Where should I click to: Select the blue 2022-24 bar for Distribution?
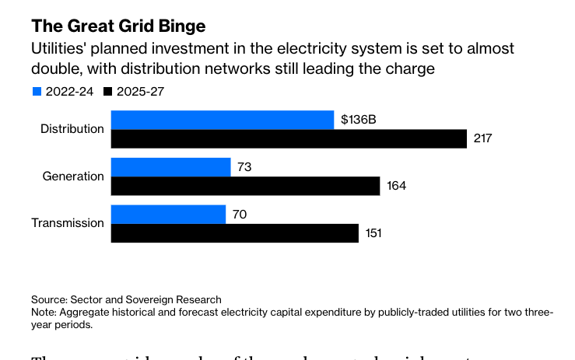tap(223, 120)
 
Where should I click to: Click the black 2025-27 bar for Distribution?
tap(289, 138)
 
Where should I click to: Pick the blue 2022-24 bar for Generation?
tap(171, 167)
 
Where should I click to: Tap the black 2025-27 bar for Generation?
tap(245, 186)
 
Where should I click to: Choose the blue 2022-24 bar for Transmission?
tap(168, 214)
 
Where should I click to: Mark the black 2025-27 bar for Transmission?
tap(234, 233)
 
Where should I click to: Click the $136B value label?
tap(359, 121)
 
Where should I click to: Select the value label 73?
tap(244, 167)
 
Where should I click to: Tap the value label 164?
tap(396, 187)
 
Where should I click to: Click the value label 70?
tap(239, 215)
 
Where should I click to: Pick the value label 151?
tap(373, 233)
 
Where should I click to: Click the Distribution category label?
tap(72, 129)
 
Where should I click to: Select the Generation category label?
tap(73, 177)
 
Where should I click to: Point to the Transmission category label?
tap(68, 223)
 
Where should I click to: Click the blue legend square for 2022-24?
tap(37, 91)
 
